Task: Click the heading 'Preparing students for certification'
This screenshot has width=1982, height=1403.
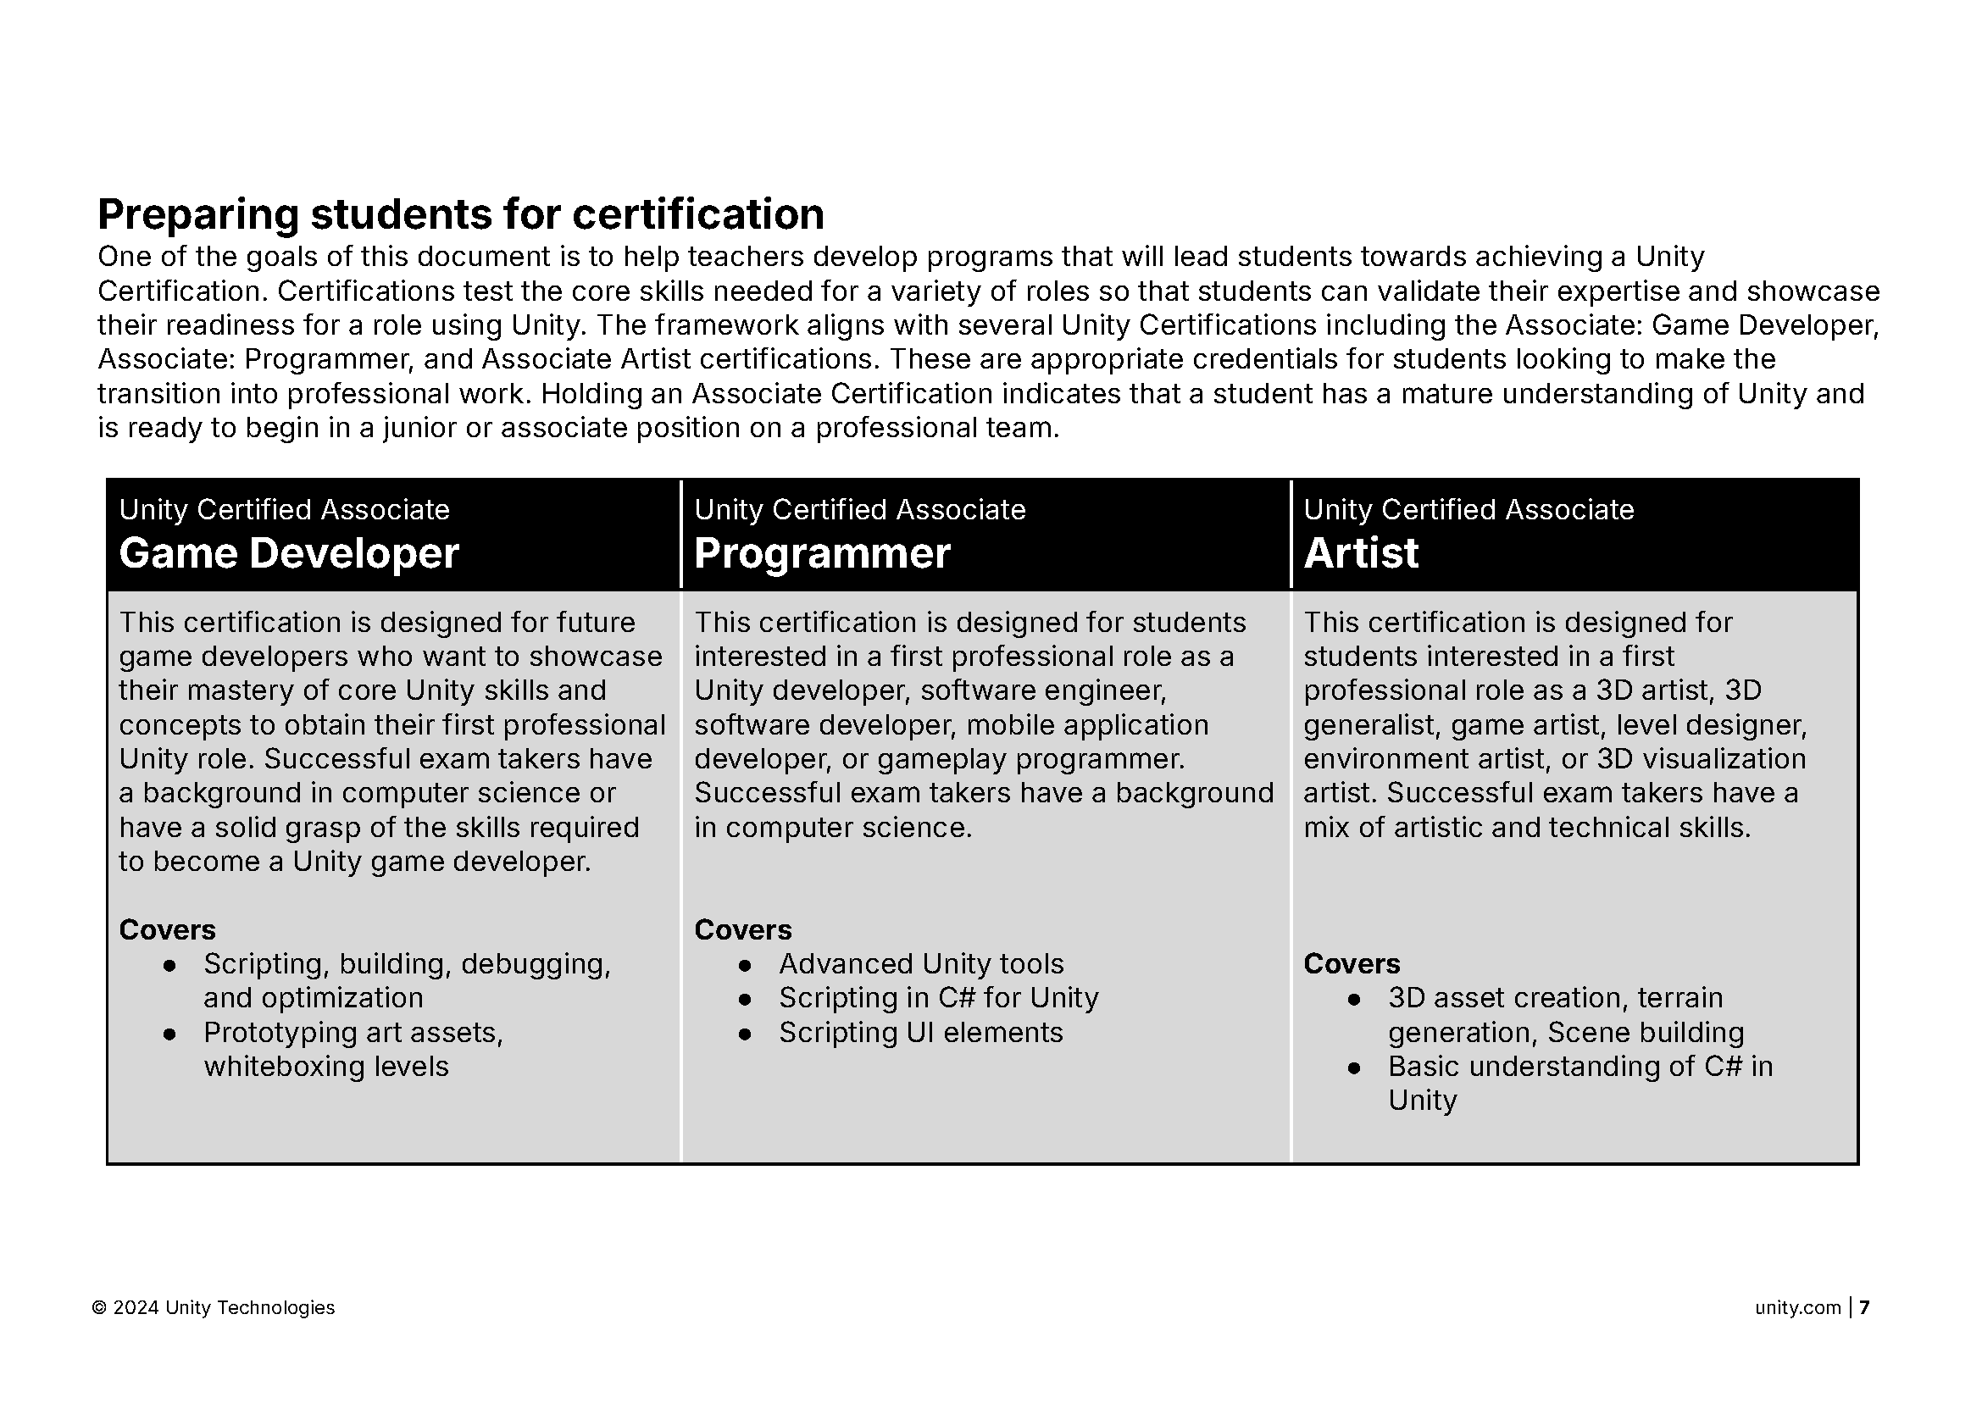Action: click(x=460, y=214)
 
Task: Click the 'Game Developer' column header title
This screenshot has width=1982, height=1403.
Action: click(x=289, y=553)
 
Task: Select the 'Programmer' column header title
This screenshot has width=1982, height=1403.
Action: click(x=822, y=553)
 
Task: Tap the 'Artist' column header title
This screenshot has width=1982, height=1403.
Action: click(x=1360, y=553)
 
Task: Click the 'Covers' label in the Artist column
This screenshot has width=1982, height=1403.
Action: click(x=1352, y=963)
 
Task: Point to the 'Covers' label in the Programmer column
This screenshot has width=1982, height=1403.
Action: click(x=742, y=929)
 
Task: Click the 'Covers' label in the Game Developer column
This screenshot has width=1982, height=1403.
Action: click(x=167, y=929)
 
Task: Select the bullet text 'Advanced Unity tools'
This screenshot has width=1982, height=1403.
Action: click(x=921, y=963)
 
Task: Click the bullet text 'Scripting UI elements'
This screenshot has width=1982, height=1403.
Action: click(x=920, y=1033)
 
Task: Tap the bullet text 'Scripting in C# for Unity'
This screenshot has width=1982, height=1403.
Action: click(x=938, y=998)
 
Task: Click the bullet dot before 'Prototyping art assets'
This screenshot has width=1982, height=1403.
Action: click(x=170, y=1034)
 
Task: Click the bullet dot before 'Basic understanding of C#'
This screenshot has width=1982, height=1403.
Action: click(x=1354, y=1067)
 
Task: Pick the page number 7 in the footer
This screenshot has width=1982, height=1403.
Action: click(x=1864, y=1308)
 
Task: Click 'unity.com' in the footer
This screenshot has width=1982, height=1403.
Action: click(x=1797, y=1308)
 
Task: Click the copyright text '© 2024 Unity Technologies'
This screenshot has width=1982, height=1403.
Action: click(x=214, y=1308)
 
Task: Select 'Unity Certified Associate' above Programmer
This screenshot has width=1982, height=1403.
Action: click(x=860, y=510)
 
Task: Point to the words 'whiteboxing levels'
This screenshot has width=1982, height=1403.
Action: click(x=325, y=1066)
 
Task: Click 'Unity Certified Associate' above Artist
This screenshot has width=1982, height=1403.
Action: click(x=1468, y=510)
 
